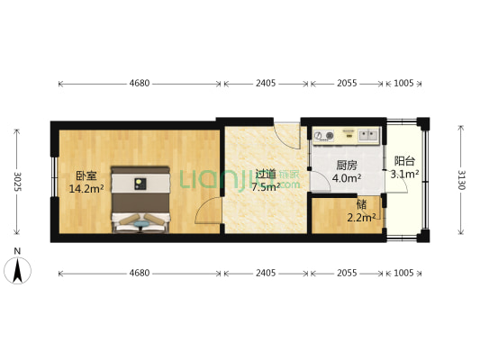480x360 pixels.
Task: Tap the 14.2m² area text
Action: [x=86, y=189]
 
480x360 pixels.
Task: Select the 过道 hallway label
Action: [x=264, y=175]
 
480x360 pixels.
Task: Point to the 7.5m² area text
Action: [x=265, y=187]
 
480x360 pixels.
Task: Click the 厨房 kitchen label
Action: [x=347, y=166]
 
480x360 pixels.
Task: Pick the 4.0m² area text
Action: [x=347, y=178]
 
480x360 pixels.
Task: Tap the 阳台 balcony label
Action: [x=403, y=161]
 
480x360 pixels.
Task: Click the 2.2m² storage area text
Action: [x=361, y=215]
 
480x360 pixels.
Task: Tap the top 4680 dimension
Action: [x=139, y=84]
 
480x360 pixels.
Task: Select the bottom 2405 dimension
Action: [x=266, y=271]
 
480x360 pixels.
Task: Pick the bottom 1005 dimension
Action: [x=403, y=271]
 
